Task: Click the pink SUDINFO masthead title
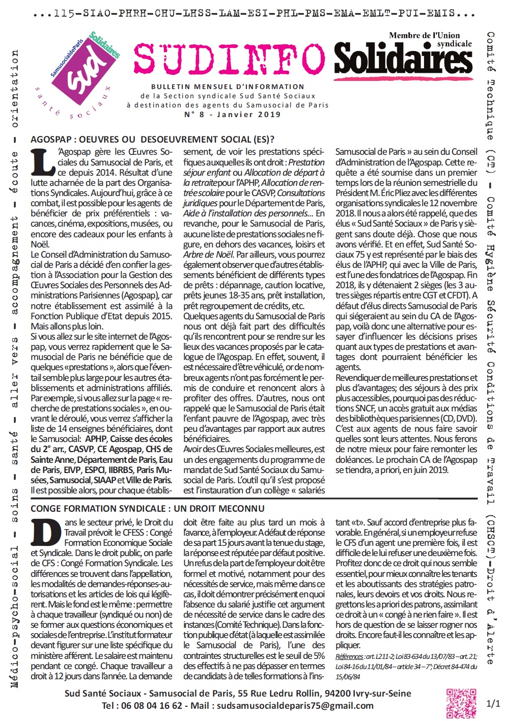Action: point(229,59)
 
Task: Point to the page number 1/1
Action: point(493,704)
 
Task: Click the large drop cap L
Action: point(43,162)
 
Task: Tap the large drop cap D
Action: point(46,533)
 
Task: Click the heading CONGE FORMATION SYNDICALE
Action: point(148,508)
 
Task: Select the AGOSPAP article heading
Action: point(152,139)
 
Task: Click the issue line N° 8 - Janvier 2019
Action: point(232,115)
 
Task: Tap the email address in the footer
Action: point(295,706)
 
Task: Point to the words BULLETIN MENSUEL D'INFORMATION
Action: point(228,87)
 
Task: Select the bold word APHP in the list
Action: point(96,439)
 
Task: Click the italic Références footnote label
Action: point(349,656)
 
